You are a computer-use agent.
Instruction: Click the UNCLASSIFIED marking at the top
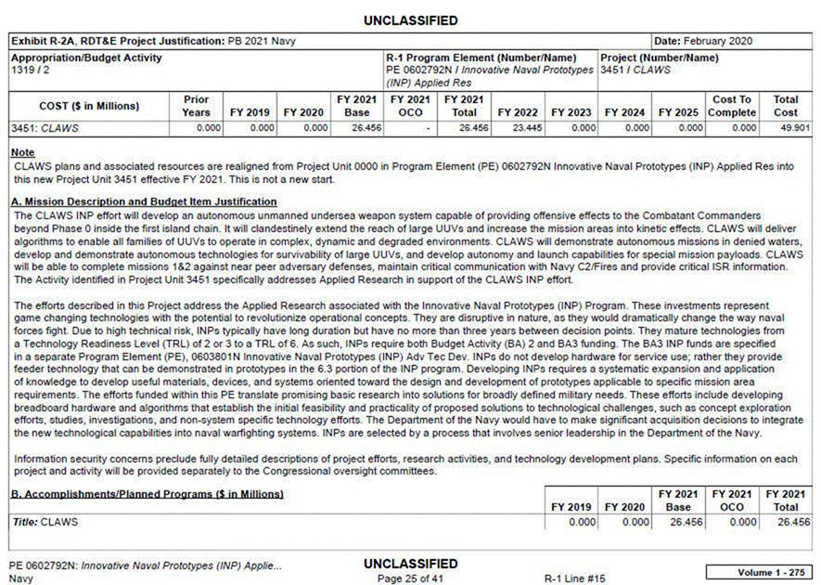[410, 20]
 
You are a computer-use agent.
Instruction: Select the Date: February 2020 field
[703, 42]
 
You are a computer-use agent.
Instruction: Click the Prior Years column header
[196, 106]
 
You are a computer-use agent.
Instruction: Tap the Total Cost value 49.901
[786, 128]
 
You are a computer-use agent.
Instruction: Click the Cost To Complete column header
[732, 106]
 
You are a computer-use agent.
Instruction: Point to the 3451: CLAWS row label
[45, 128]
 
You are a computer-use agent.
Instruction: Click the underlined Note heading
[22, 152]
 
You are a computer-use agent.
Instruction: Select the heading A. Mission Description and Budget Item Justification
[144, 201]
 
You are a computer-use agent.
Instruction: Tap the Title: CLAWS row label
[45, 522]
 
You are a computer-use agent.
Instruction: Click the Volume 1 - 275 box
[760, 572]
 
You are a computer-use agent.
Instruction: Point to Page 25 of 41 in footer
[410, 578]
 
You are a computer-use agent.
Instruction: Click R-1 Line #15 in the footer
[574, 578]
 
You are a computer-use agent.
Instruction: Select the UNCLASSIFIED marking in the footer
[410, 564]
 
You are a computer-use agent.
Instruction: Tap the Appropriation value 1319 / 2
[31, 70]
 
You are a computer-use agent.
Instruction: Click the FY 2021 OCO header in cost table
[410, 106]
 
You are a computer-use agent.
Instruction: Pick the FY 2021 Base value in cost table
[356, 128]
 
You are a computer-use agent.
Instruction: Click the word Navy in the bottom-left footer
[21, 578]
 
